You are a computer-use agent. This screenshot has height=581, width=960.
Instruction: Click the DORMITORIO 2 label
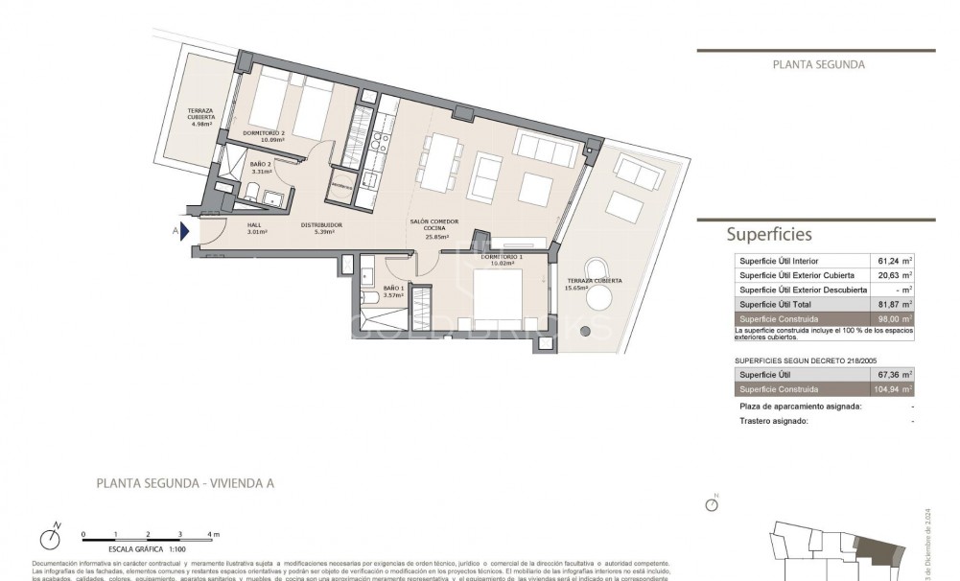[264, 136]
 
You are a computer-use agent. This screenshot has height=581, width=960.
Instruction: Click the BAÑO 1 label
[393, 291]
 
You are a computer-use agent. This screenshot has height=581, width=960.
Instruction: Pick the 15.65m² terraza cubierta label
[594, 284]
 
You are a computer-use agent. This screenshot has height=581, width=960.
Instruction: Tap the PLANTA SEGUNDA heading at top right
[818, 65]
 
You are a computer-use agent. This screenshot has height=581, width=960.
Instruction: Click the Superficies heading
[769, 234]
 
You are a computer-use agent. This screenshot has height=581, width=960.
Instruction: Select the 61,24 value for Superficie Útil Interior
[892, 261]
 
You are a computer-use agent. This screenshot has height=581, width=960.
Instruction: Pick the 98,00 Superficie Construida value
[892, 318]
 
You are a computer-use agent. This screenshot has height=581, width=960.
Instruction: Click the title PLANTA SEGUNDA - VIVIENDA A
[185, 483]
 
